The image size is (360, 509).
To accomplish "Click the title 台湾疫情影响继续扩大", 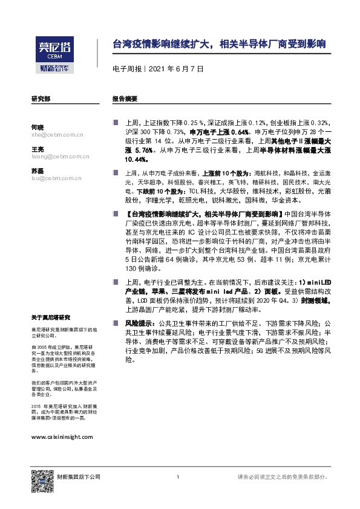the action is pos(220,44).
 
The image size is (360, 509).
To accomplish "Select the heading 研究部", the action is pos(41,99).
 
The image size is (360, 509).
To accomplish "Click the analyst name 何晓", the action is pos(37,127).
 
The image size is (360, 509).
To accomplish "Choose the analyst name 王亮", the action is pos(37,149).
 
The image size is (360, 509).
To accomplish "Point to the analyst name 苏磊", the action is pos(37,170).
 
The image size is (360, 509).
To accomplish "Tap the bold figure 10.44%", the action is pos(137,159).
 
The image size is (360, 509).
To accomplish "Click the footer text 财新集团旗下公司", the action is pos(79,477).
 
